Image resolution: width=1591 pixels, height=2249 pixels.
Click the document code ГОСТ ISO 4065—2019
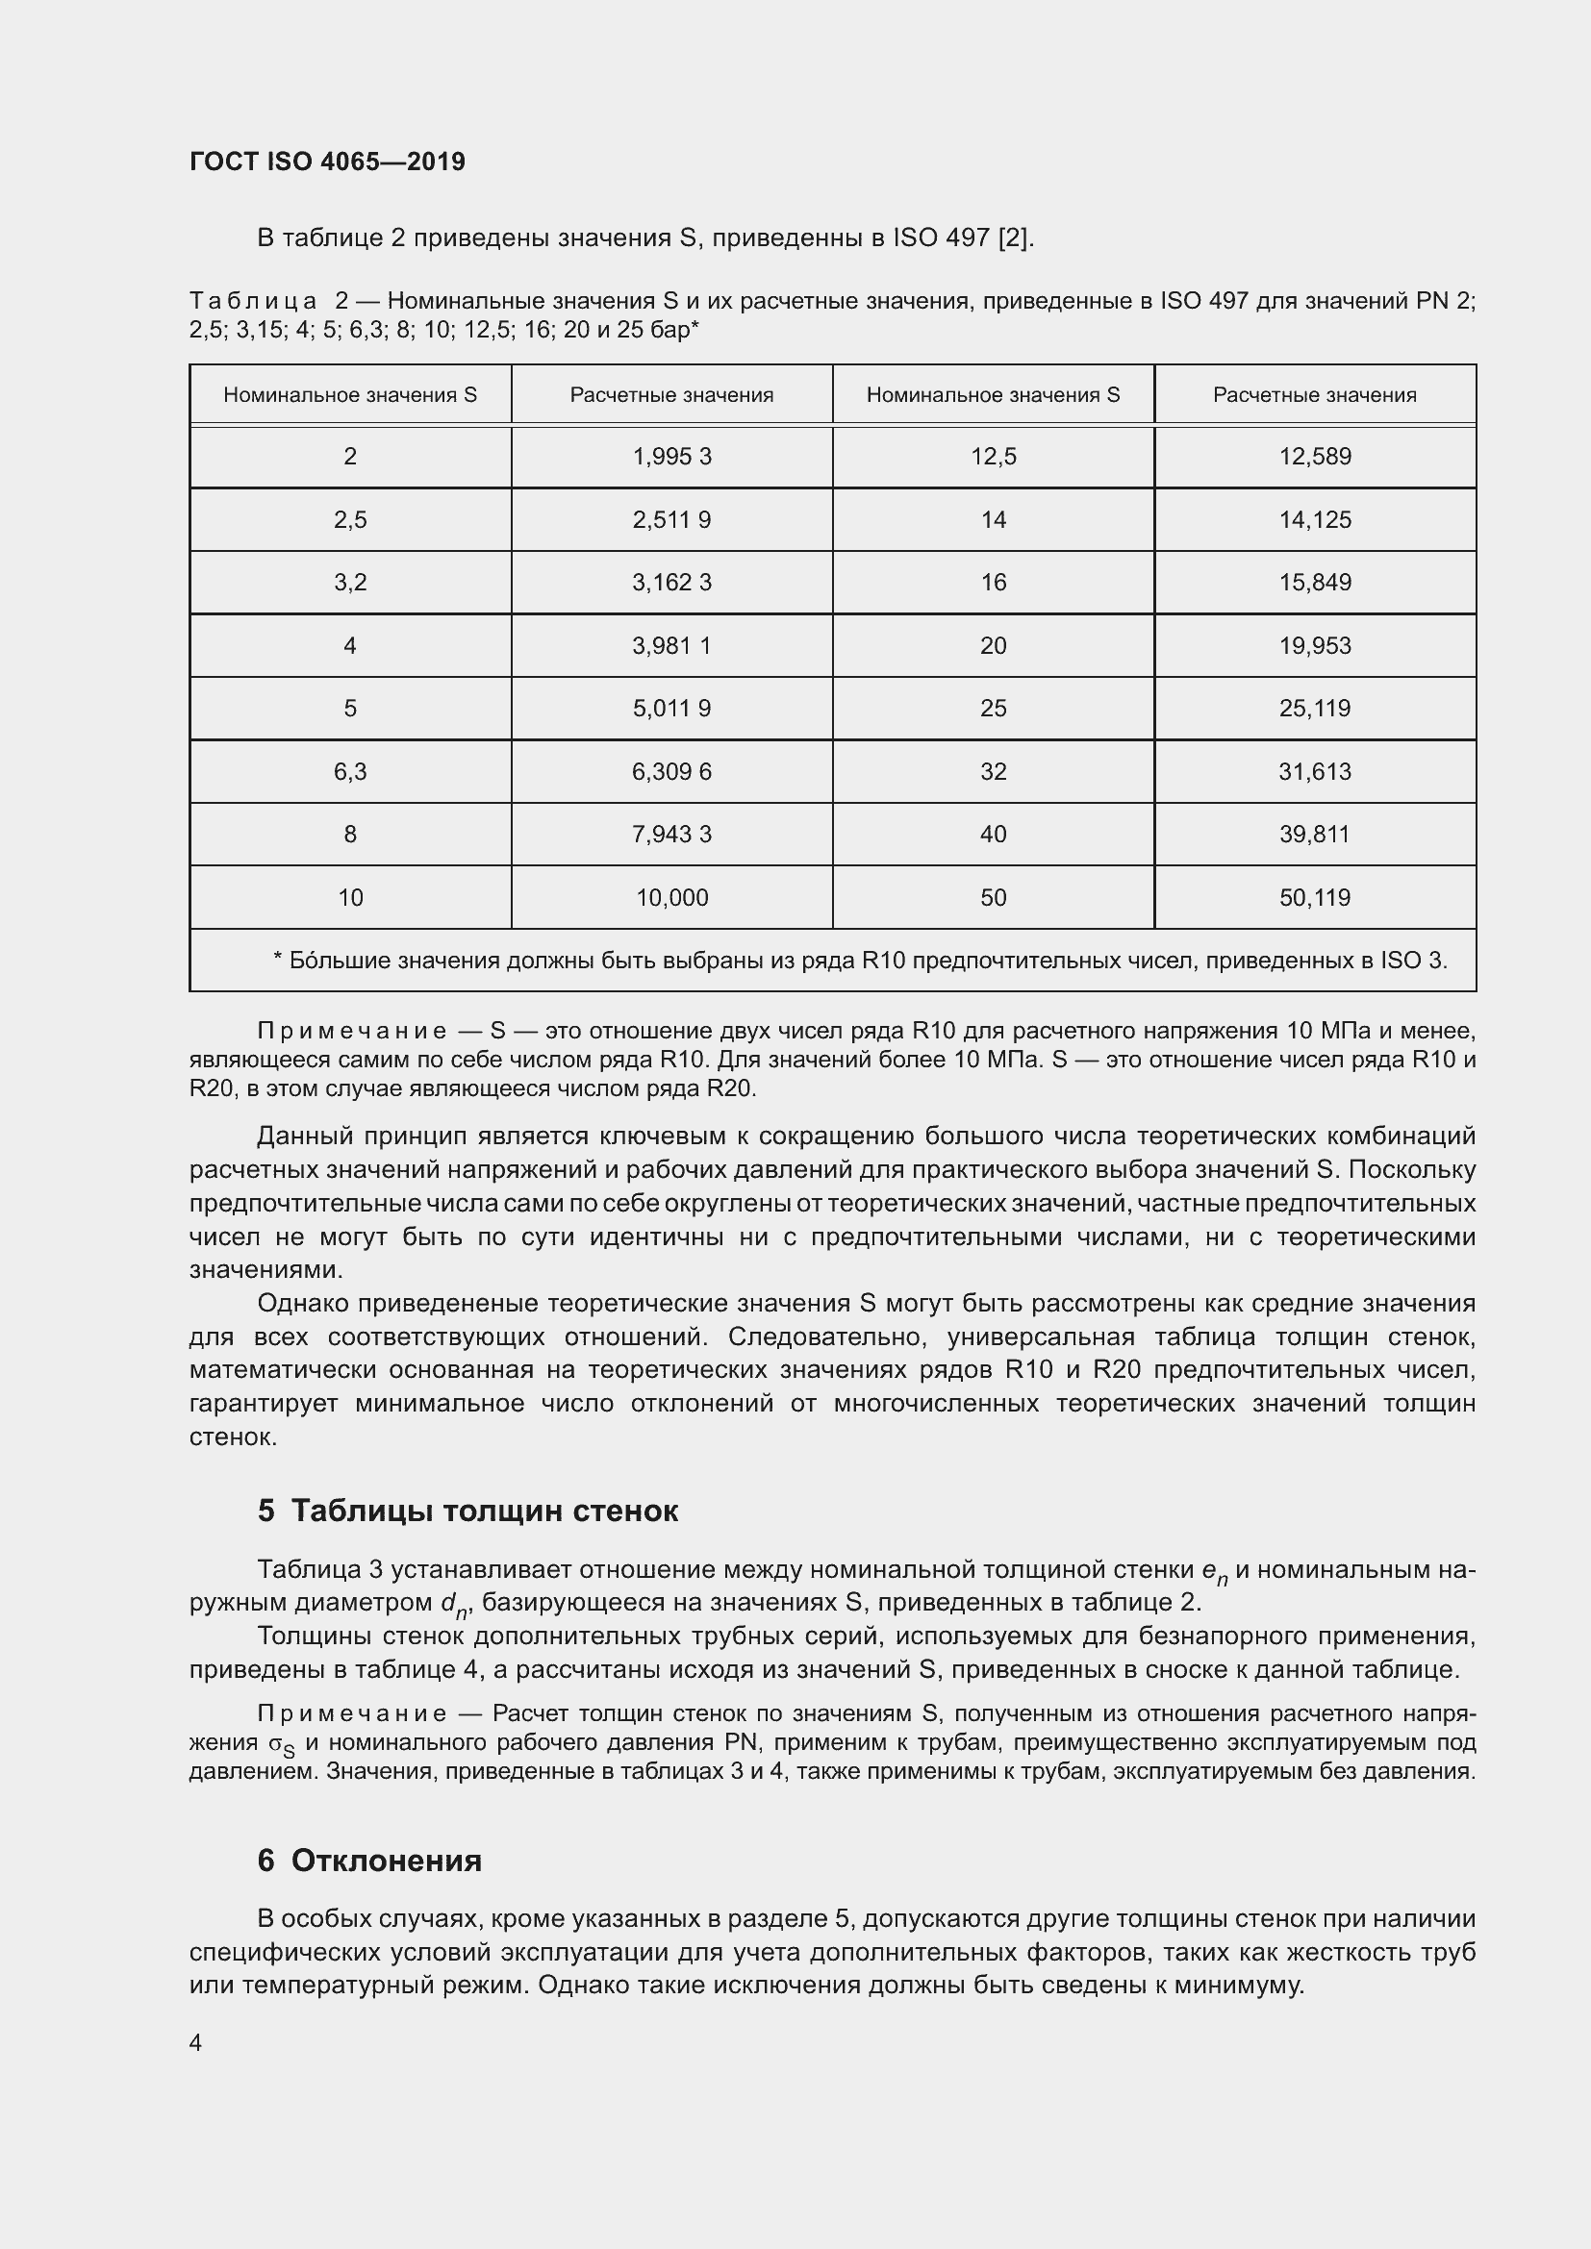coord(327,162)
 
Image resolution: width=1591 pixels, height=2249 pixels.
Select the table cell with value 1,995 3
coord(671,457)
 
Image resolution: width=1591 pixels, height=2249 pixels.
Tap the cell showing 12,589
coord(1315,457)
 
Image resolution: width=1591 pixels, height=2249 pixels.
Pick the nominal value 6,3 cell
coord(350,772)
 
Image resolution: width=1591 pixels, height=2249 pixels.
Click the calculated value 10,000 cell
coord(671,897)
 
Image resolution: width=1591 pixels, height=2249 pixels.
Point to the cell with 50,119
coord(1315,897)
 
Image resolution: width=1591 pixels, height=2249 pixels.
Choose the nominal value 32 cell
coord(993,772)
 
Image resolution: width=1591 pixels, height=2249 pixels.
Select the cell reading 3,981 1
coord(671,645)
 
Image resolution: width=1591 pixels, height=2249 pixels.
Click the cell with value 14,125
coord(1315,519)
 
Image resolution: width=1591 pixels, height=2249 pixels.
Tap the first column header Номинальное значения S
coord(350,395)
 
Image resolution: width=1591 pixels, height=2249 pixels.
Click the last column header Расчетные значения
coord(1315,395)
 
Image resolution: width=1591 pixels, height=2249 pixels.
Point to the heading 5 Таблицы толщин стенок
coord(467,1511)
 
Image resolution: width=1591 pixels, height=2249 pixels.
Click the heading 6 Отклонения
coord(369,1861)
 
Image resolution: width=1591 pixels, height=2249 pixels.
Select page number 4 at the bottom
coord(195,2042)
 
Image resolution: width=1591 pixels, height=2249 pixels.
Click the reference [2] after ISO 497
coord(1015,238)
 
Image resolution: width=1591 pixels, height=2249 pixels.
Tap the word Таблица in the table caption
coord(253,301)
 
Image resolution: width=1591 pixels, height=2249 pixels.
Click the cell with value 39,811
coord(1315,835)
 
